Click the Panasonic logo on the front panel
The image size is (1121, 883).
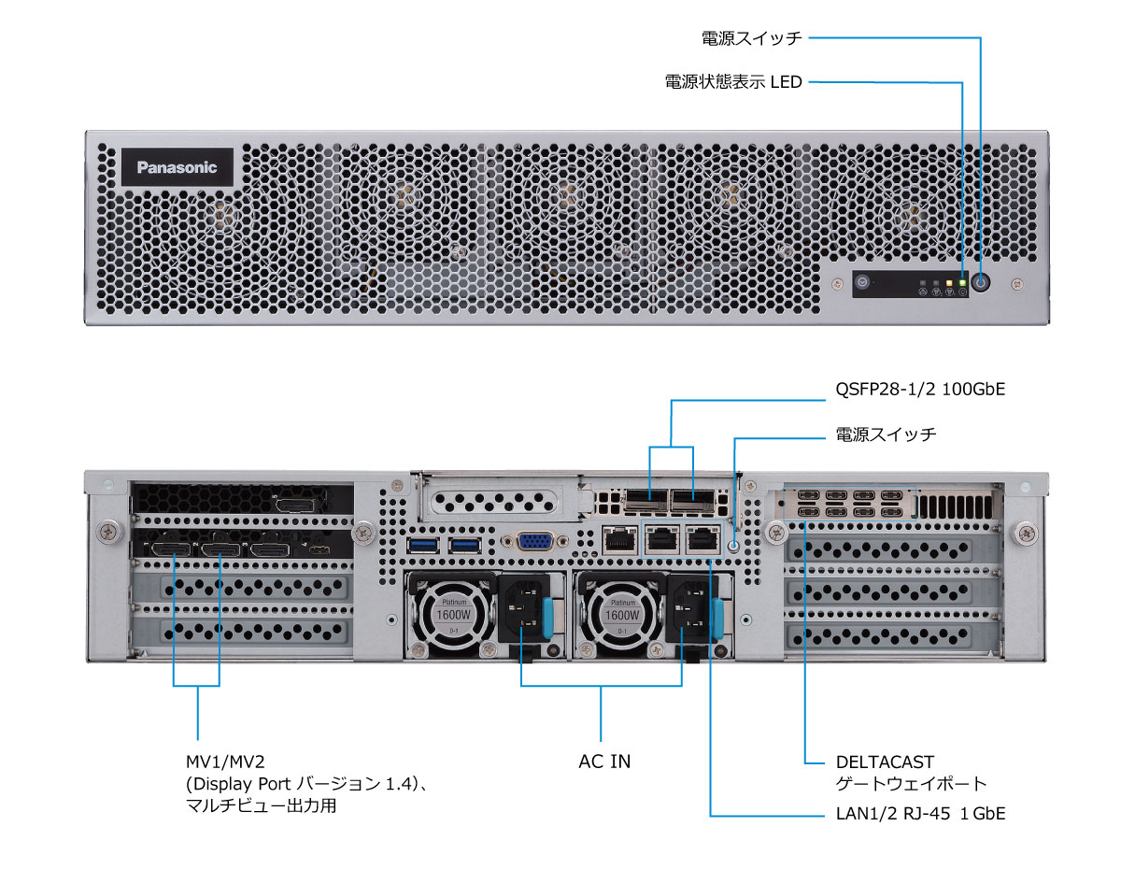pyautogui.click(x=177, y=168)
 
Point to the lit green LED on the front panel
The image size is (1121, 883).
pyautogui.click(x=961, y=281)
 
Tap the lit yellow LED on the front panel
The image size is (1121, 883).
pyautogui.click(x=949, y=281)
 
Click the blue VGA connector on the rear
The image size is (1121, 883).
pyautogui.click(x=533, y=543)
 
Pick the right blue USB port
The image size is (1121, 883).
pyautogui.click(x=463, y=544)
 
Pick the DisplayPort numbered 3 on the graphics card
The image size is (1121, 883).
pyautogui.click(x=270, y=548)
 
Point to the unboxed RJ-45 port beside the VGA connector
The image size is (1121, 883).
pyautogui.click(x=617, y=540)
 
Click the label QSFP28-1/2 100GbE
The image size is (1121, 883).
pyautogui.click(x=919, y=390)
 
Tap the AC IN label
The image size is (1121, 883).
pyautogui.click(x=604, y=762)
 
